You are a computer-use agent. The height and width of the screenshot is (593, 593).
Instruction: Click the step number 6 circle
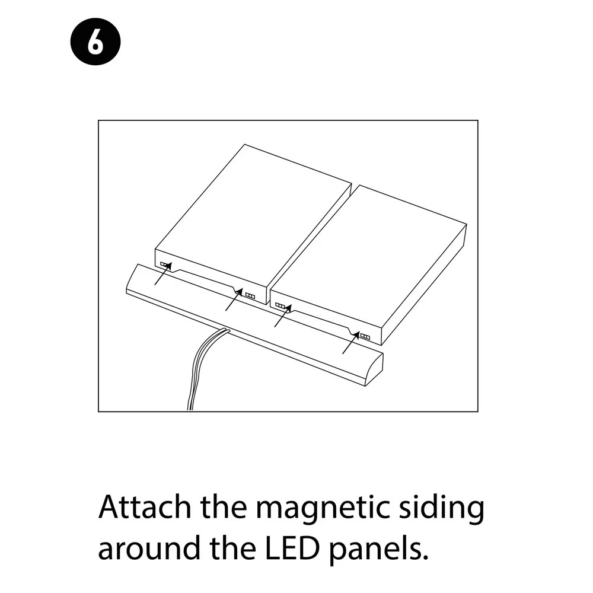pos(95,42)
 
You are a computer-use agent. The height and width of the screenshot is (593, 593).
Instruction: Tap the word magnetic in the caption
pos(323,509)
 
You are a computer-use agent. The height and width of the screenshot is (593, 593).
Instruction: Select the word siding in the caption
pos(442,509)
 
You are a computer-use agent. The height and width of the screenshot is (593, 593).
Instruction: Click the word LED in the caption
pos(292,547)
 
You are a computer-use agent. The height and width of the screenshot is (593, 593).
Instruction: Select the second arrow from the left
pos(234,300)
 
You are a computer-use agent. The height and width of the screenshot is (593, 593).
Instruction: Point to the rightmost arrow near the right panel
pos(351,343)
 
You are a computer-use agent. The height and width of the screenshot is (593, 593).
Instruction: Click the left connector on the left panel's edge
pos(164,264)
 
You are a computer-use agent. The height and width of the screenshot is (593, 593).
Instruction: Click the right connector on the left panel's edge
pos(250,296)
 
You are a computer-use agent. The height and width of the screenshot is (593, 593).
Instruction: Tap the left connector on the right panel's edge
pos(280,305)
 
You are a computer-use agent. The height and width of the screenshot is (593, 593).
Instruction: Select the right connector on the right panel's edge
pos(365,336)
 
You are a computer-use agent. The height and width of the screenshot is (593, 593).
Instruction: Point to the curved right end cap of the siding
pos(374,369)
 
